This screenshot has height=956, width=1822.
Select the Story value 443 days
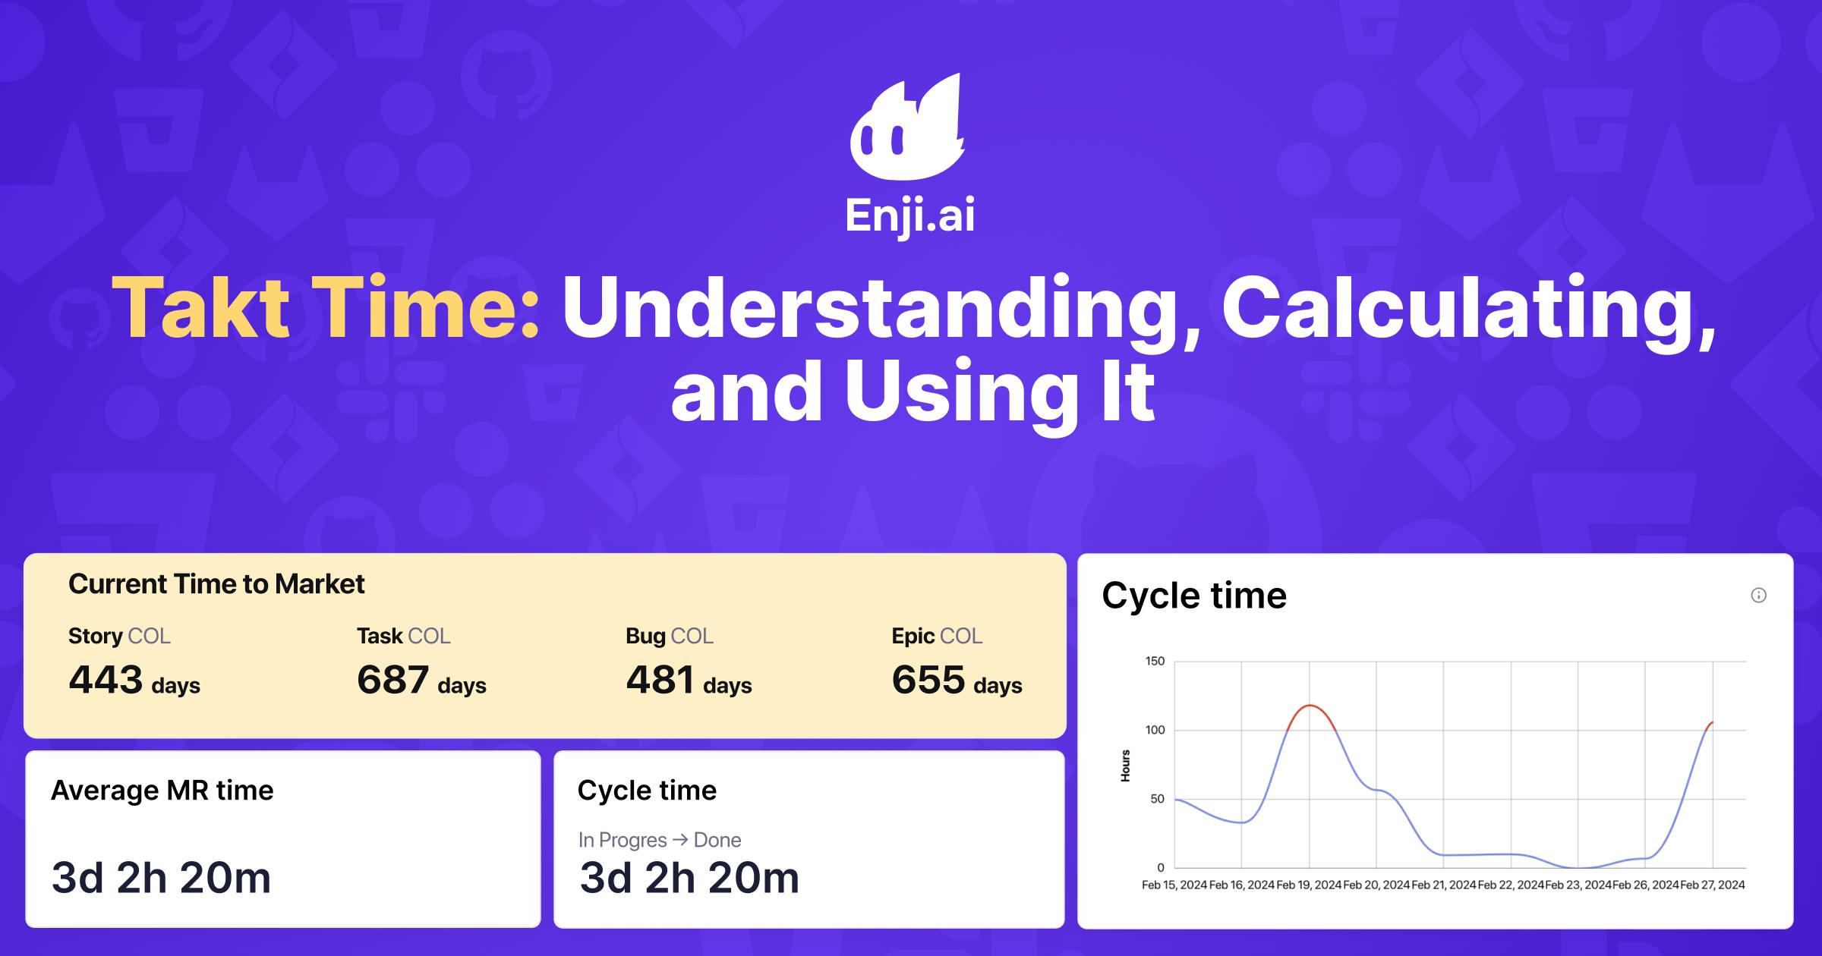(134, 680)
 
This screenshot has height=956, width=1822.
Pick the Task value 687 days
(421, 680)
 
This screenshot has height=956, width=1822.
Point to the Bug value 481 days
(689, 680)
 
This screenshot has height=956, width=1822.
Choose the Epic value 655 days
(957, 680)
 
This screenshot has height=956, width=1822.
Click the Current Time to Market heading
(216, 584)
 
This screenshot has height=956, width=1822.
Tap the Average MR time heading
(162, 791)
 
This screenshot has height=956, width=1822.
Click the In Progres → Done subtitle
(659, 840)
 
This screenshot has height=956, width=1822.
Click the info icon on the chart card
(1758, 596)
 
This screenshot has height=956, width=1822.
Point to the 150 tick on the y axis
(1155, 661)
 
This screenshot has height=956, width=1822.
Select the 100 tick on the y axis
(1155, 730)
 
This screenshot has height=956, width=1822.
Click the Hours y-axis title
(1125, 766)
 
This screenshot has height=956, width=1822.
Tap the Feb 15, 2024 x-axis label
(1174, 885)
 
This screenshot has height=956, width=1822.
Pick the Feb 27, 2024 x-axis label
(1713, 885)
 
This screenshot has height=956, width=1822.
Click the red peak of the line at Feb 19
(1310, 706)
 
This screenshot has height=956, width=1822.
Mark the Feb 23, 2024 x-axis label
(1578, 885)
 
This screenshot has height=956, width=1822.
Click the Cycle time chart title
(1194, 596)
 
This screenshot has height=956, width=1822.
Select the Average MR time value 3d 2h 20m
(161, 878)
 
